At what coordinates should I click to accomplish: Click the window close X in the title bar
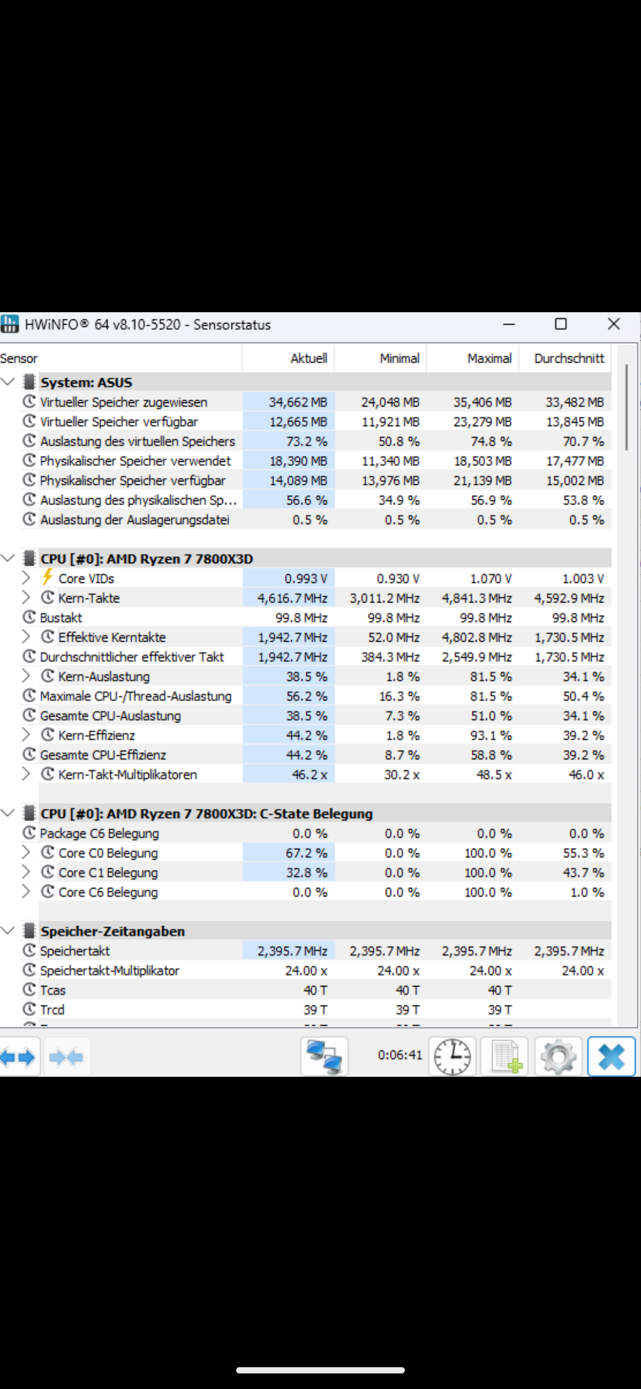point(614,324)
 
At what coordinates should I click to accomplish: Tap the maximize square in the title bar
point(560,324)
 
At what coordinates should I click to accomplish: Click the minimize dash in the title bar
point(509,324)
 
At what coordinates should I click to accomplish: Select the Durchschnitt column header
point(569,359)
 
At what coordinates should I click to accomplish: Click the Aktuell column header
point(309,359)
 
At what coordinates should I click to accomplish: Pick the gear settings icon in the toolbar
point(558,1057)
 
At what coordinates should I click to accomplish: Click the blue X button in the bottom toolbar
point(611,1057)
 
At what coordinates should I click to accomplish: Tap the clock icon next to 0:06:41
point(452,1057)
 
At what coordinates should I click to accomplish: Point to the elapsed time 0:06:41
point(400,1055)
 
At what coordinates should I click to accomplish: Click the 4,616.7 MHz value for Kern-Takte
point(292,598)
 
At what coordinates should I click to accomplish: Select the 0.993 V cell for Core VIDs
point(306,579)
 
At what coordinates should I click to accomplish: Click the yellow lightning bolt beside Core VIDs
point(47,578)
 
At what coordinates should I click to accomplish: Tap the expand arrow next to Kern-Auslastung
point(26,676)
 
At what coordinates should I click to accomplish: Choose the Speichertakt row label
point(75,951)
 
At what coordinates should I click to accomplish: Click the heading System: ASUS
point(86,382)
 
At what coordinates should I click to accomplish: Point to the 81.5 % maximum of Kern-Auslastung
point(491,677)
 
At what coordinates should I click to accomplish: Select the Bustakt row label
point(61,618)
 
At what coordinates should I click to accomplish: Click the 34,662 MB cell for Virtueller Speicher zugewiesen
point(298,402)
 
